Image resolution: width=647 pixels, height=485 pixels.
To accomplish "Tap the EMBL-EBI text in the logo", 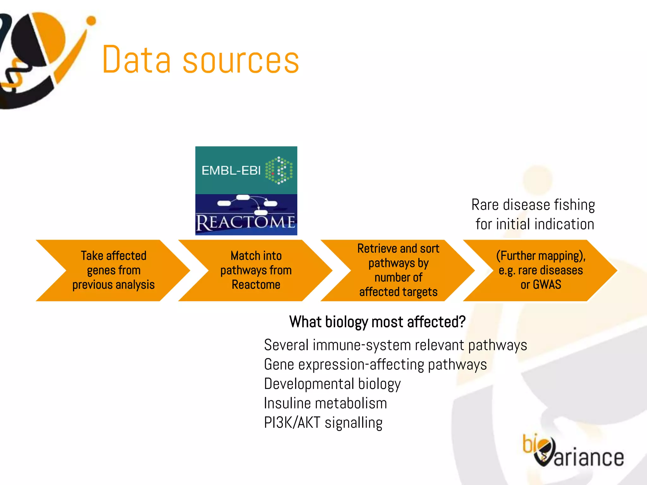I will pyautogui.click(x=231, y=171).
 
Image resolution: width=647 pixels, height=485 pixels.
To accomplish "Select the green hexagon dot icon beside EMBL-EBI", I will pyautogui.click(x=279, y=170).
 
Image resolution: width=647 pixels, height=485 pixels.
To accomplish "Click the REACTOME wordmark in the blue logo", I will pyautogui.click(x=246, y=222).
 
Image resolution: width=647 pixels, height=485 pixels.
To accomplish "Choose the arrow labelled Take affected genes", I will pyautogui.click(x=113, y=270).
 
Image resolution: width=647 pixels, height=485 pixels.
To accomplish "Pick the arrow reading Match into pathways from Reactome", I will pyautogui.click(x=256, y=270).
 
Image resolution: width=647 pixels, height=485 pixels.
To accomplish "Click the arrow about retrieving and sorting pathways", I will pyautogui.click(x=398, y=270).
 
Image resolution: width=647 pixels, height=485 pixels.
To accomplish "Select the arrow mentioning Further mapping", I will pyautogui.click(x=541, y=270).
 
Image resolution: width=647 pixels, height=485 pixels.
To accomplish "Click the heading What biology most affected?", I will pyautogui.click(x=377, y=322).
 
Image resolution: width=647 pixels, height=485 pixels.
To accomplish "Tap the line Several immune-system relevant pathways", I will pyautogui.click(x=395, y=345).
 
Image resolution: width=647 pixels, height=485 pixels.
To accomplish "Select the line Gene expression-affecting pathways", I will pyautogui.click(x=375, y=364).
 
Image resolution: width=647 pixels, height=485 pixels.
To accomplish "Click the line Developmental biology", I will pyautogui.click(x=332, y=384).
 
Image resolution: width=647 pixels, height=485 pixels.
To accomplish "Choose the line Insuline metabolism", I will pyautogui.click(x=325, y=403).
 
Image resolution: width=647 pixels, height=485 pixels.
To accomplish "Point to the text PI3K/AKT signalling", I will pyautogui.click(x=323, y=423).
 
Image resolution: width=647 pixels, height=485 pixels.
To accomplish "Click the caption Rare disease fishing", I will pyautogui.click(x=533, y=205).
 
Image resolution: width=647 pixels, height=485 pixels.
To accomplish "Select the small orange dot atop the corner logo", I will pyautogui.click(x=91, y=21).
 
